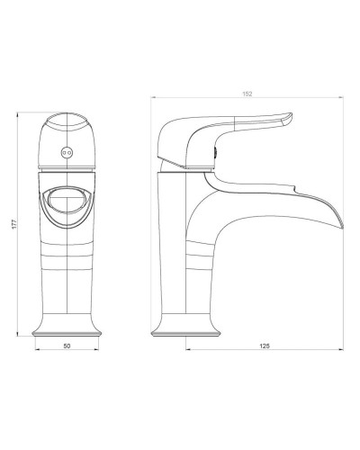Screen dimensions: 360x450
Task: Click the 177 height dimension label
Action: (14, 224)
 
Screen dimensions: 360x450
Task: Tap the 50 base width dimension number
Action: (67, 346)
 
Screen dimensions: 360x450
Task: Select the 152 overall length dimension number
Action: (247, 94)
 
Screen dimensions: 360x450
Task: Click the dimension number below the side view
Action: (265, 346)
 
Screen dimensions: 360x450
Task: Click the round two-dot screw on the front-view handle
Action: (67, 153)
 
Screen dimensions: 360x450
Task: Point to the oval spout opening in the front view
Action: (67, 200)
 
